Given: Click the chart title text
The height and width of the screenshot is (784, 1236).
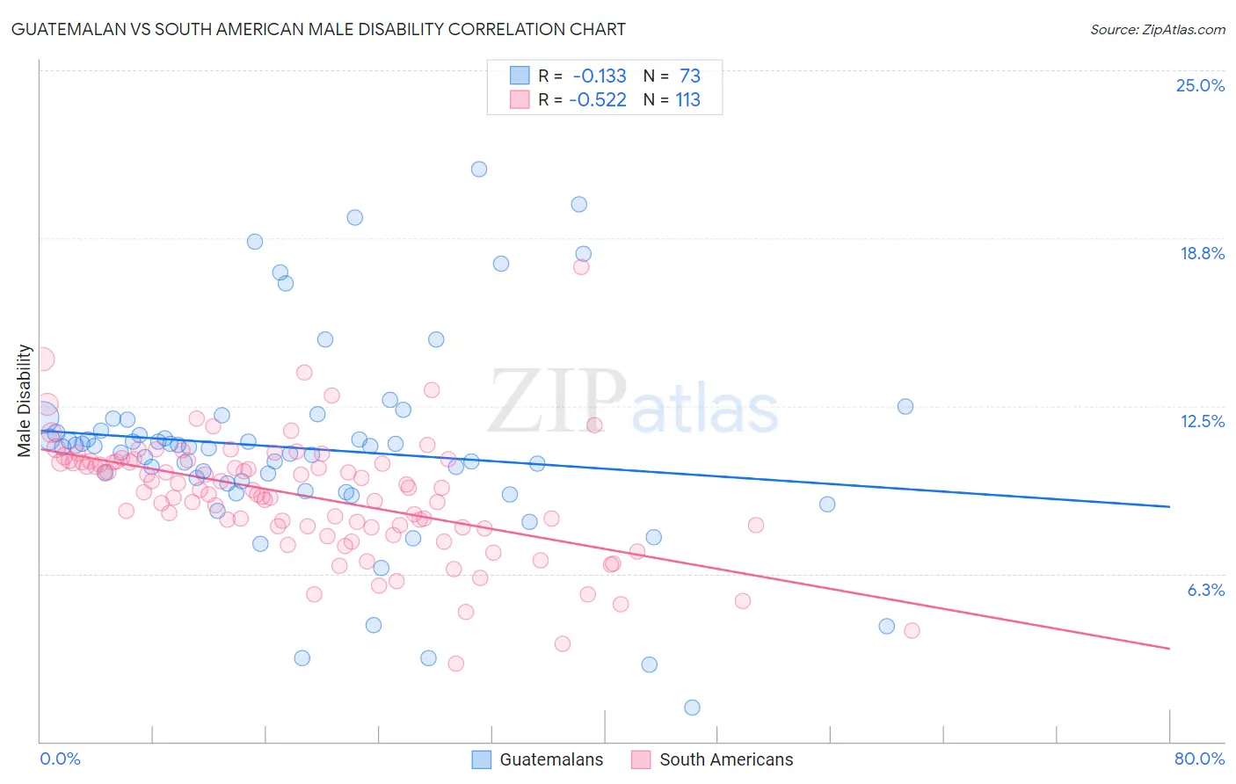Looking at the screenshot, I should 318,29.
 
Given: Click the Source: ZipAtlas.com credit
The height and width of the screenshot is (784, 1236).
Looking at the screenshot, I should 1157,29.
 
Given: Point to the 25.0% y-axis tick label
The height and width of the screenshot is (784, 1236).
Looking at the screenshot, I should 1200,85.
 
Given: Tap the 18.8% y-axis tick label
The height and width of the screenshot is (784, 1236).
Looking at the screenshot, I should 1202,253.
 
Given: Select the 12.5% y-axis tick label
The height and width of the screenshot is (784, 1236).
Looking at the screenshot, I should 1202,421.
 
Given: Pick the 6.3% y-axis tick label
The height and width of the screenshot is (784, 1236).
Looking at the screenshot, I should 1205,590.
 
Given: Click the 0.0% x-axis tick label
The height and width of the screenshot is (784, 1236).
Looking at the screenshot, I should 60,759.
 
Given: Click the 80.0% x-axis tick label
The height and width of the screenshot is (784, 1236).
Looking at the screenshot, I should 1199,759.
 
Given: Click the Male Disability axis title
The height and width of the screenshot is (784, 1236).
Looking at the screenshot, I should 25,401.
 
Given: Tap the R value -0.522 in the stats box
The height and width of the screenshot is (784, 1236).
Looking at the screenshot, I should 598,99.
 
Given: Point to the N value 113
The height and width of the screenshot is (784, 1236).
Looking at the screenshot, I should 687,99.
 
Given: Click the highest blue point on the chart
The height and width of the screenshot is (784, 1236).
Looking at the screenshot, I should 479,169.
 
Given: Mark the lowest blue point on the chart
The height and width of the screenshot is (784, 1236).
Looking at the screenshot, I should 692,708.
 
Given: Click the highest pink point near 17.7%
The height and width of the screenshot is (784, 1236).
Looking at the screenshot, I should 581,267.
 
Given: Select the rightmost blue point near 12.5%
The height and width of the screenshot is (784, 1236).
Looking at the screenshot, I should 905,406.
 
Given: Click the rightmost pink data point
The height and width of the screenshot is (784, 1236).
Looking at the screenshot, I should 912,630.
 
